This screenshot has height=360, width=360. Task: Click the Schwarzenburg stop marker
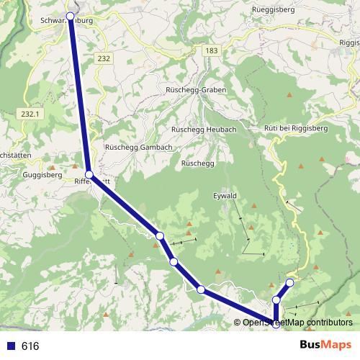[x=71, y=14]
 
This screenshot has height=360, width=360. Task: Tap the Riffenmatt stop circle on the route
[x=89, y=175]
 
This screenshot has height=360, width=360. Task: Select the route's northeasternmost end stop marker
[x=290, y=282]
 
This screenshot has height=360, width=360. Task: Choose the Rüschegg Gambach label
[x=138, y=147]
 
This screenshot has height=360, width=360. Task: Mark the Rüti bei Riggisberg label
[x=296, y=128]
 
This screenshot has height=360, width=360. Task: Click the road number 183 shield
[x=211, y=50]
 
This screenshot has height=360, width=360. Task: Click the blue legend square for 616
[x=10, y=346]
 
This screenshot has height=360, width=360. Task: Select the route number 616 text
[x=30, y=346]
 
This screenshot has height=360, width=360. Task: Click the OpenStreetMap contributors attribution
[x=297, y=322]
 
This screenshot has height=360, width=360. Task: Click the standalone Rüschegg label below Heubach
[x=198, y=163]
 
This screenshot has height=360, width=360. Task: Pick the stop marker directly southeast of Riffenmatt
[x=160, y=236]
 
